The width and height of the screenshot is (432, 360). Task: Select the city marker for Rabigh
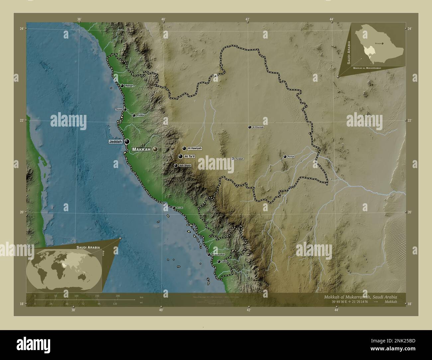(x=122, y=86)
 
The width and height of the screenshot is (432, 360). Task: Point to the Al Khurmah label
(x=258, y=127)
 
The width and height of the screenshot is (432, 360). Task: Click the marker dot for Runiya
(x=285, y=157)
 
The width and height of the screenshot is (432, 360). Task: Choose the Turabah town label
(x=240, y=159)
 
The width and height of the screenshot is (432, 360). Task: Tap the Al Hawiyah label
(x=194, y=148)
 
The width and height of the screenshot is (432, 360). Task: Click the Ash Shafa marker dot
(x=176, y=165)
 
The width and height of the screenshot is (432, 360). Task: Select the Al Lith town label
(x=179, y=208)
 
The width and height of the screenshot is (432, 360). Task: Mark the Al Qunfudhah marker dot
(x=209, y=255)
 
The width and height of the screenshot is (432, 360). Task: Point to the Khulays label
(x=140, y=116)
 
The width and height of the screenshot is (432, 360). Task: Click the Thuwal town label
(x=119, y=109)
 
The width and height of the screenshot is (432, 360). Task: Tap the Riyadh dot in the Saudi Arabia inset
(x=382, y=44)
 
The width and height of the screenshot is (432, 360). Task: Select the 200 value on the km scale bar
(x=118, y=296)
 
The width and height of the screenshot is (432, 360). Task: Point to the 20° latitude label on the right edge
(x=409, y=212)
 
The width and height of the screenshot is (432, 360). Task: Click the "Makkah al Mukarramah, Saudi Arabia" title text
(x=360, y=297)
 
